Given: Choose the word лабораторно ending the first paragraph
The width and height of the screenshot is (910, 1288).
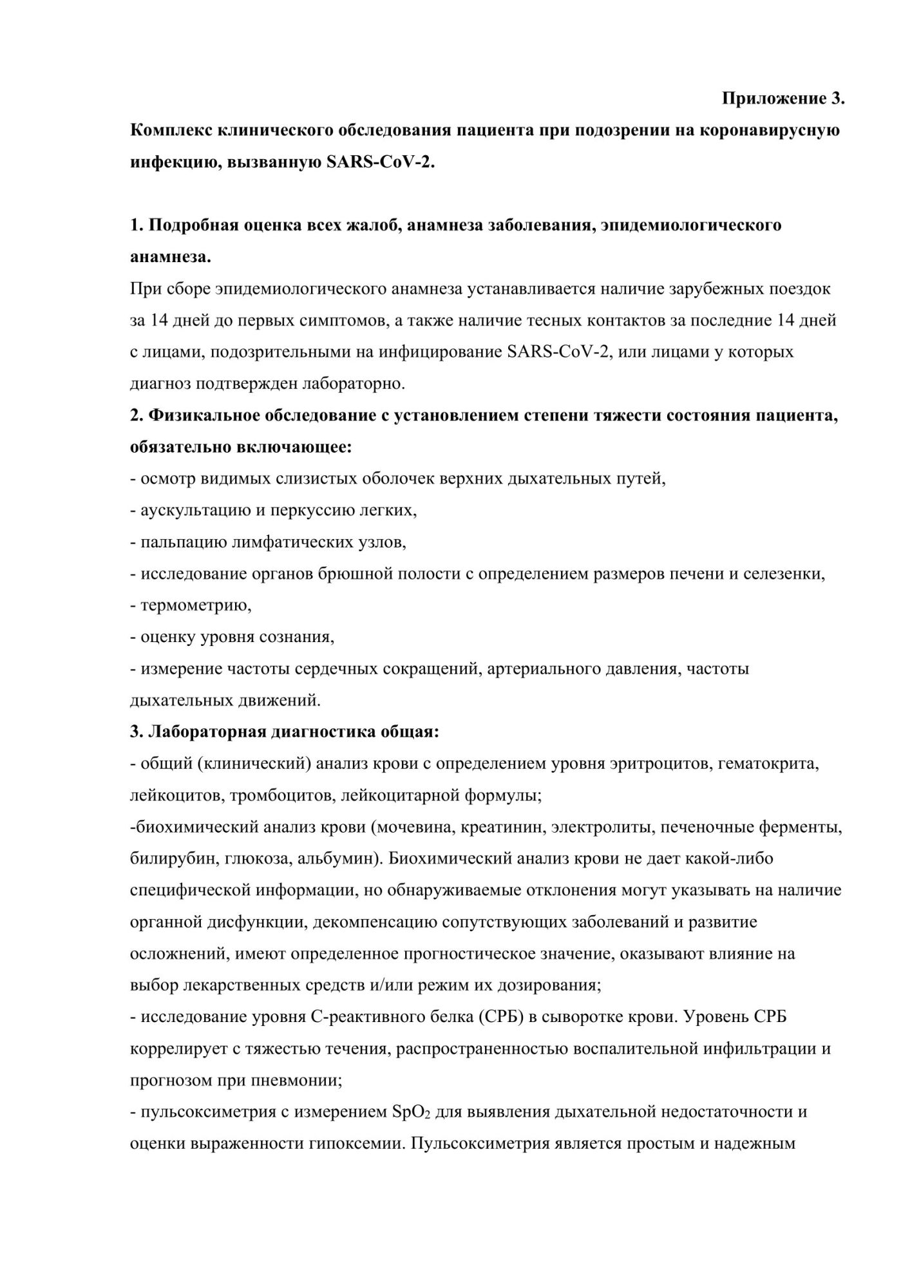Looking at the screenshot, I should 353,384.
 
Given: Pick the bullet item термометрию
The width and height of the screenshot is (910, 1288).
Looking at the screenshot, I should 195,605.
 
